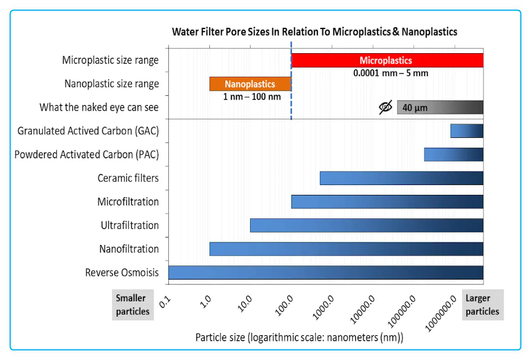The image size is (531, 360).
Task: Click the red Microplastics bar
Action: (387, 61)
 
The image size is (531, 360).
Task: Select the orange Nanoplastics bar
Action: (250, 84)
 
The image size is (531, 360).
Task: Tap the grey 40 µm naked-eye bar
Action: (440, 108)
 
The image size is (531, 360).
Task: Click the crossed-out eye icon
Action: (386, 108)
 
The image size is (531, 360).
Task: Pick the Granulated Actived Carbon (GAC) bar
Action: (467, 131)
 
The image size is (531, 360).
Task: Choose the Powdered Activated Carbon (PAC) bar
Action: (453, 155)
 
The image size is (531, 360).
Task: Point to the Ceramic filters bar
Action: (401, 178)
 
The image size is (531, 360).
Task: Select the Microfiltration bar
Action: (387, 202)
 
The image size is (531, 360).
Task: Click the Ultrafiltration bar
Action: (366, 225)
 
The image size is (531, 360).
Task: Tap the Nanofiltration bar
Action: (346, 249)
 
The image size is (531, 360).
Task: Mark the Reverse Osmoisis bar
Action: (326, 272)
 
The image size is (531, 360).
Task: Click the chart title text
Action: (314, 32)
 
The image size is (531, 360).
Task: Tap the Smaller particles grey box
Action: (132, 304)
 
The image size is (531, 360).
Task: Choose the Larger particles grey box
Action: (482, 304)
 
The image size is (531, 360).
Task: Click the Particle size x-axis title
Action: (299, 338)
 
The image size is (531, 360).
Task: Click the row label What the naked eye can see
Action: (99, 108)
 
